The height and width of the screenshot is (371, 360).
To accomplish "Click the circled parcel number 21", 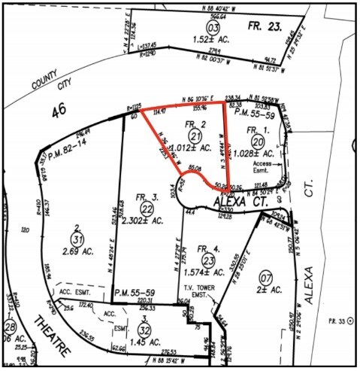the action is click(195, 135).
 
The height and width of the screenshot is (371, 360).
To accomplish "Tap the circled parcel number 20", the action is click(259, 141).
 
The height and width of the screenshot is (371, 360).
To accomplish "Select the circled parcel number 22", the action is click(147, 208).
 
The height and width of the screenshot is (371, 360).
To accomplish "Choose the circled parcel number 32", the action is click(147, 328).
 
